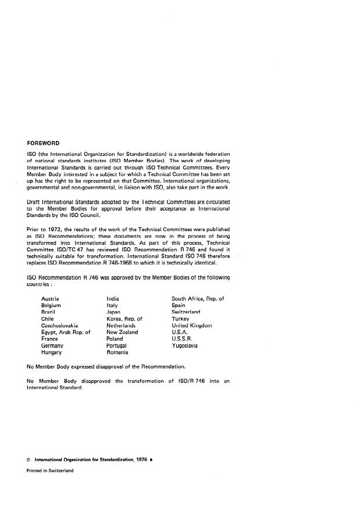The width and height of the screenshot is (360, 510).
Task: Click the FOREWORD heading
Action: (43, 143)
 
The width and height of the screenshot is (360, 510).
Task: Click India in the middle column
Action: (113, 298)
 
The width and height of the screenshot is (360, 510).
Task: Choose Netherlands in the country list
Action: (121, 326)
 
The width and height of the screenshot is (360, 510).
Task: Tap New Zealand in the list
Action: (122, 333)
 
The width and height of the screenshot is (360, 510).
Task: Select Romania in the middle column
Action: (117, 352)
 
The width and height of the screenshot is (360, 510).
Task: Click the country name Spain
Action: (179, 305)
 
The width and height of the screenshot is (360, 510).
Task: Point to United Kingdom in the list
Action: (192, 326)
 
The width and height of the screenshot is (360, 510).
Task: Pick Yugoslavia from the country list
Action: (184, 346)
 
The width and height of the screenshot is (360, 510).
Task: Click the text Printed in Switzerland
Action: (50, 471)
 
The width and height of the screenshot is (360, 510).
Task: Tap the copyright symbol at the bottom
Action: (29, 460)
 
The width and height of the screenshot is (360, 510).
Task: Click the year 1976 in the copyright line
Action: (141, 460)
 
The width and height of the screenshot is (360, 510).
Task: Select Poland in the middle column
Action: (115, 339)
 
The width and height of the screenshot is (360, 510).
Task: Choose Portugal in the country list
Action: (117, 346)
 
